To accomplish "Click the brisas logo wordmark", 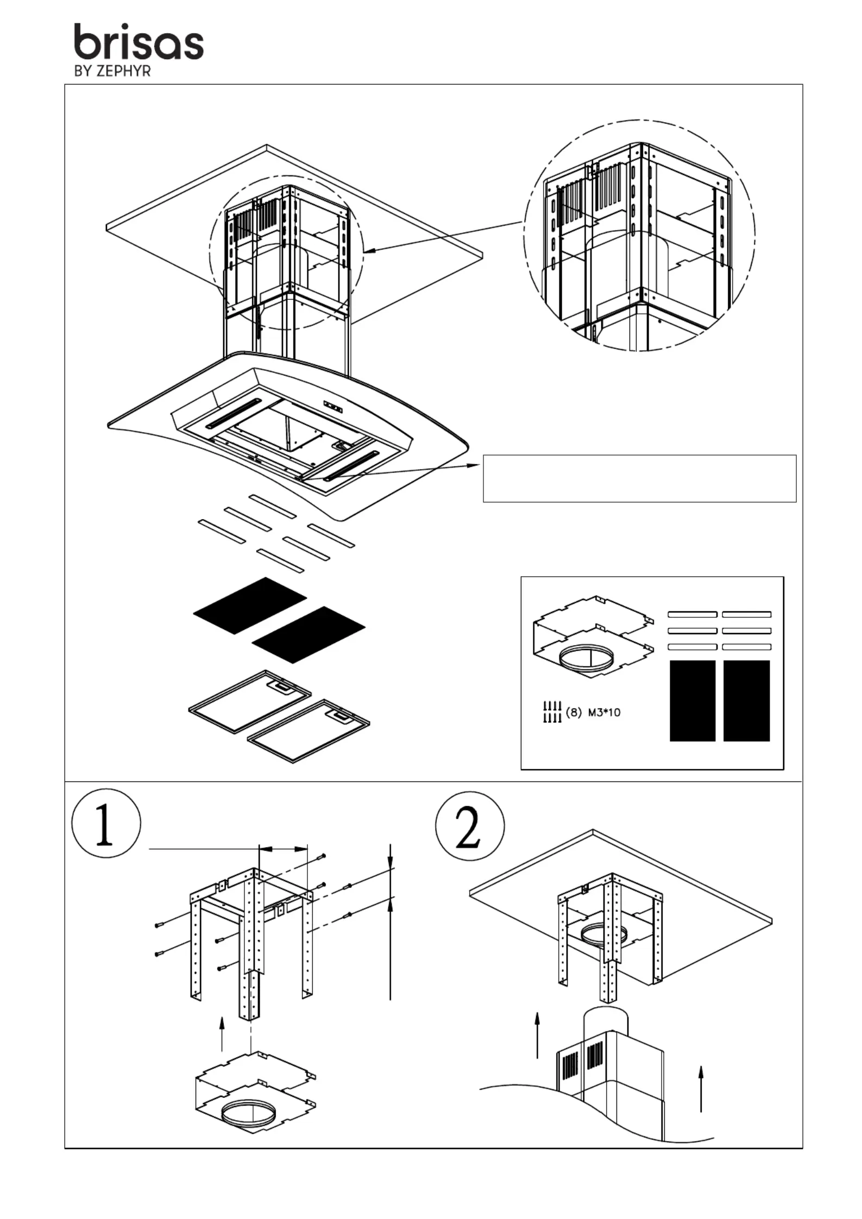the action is (x=139, y=41).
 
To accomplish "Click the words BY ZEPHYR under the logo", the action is (x=112, y=71).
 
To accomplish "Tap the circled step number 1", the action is (x=106, y=823).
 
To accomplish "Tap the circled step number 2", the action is (x=470, y=826).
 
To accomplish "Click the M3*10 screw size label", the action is (x=604, y=712).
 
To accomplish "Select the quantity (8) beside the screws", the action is (x=574, y=712).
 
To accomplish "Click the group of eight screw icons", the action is (x=552, y=712).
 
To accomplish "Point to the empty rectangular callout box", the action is (x=639, y=478).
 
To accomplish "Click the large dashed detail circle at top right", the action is (x=639, y=235).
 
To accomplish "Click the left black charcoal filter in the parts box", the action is (x=692, y=700).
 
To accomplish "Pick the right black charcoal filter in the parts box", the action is (x=746, y=700).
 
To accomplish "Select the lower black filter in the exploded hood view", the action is (x=309, y=635).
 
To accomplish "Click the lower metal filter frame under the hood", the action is (x=309, y=731).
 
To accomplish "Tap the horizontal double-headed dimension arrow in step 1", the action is (x=283, y=848).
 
